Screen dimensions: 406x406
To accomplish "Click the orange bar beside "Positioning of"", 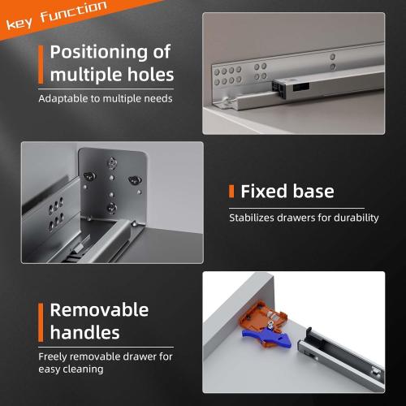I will coord(40,63).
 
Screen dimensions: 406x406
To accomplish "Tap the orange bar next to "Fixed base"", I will coord(231,192).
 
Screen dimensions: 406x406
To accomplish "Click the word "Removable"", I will coord(99,309).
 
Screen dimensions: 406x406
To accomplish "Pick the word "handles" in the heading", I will coord(84,333).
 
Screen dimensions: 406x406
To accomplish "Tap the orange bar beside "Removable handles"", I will coord(40,321).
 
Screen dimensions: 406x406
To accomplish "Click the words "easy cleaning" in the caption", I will coord(71,369).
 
